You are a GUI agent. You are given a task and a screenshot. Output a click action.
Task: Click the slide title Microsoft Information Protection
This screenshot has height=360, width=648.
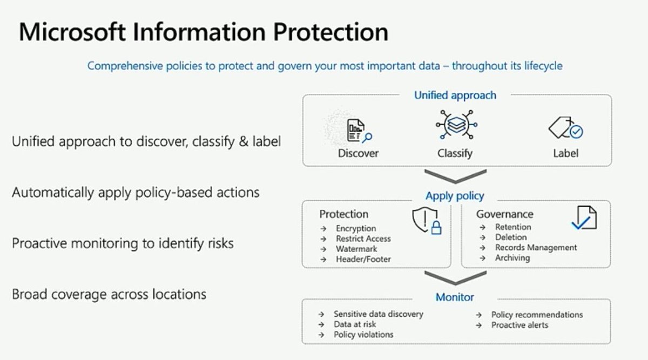tap(204, 32)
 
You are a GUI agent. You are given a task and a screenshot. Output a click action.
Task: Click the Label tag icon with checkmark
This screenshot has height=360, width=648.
tap(565, 129)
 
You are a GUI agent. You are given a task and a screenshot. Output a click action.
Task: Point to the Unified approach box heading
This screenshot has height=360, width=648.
tap(455, 96)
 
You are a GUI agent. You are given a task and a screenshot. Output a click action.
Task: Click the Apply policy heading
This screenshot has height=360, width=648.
tap(455, 196)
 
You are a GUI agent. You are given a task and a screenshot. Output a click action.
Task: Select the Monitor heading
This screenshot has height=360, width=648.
tap(455, 297)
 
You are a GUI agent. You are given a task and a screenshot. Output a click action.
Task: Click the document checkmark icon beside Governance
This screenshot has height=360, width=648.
tap(584, 218)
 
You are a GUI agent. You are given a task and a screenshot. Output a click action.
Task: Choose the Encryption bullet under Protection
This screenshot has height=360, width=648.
tap(355, 228)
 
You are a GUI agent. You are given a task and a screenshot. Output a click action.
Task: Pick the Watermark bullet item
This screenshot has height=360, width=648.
tap(356, 249)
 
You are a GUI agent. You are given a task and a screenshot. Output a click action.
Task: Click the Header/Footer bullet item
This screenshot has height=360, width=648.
tap(363, 259)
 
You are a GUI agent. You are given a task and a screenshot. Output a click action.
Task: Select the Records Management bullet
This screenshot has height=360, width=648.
tap(536, 248)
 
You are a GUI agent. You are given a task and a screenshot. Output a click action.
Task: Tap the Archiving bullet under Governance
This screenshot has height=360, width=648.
tap(512, 258)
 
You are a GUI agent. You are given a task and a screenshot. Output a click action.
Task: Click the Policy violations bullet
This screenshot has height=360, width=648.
tap(363, 335)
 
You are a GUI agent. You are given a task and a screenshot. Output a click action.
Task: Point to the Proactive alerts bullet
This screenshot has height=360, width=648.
tap(519, 325)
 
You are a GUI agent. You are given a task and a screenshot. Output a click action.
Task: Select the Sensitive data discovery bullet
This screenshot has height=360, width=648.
tap(378, 314)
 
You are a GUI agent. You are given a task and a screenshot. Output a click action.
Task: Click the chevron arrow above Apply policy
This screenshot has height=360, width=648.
tap(455, 176)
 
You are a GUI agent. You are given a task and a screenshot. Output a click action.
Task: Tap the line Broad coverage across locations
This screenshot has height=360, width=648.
tap(109, 295)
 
